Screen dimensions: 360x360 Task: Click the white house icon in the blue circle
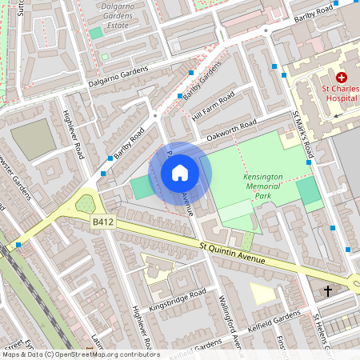pos(180,173)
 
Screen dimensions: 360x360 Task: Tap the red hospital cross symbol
pos(342,78)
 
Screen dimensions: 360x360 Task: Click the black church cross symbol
pos(328,290)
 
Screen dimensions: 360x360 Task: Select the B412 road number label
pos(102,220)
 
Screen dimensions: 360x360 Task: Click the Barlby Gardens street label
pos(201,83)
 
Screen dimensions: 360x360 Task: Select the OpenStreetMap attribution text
pos(80,354)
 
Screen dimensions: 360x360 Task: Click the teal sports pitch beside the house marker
pos(140,189)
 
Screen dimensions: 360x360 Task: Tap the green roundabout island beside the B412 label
pos(86,205)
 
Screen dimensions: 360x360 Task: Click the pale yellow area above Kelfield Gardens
pos(262,293)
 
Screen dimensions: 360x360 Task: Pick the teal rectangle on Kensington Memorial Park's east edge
pos(307,192)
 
